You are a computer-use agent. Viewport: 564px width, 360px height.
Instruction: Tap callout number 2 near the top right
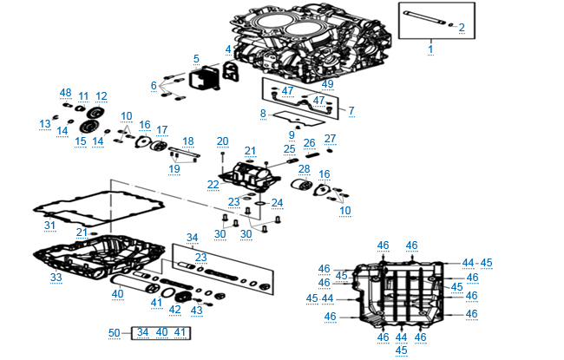(x=462, y=28)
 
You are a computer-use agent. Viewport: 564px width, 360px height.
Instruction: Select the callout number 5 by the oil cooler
(x=196, y=59)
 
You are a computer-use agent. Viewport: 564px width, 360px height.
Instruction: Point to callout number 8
(x=262, y=113)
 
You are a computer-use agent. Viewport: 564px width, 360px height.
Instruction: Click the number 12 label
(x=102, y=95)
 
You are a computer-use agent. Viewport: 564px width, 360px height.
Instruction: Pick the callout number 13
(x=44, y=124)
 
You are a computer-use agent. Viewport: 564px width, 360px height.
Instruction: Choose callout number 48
(x=65, y=93)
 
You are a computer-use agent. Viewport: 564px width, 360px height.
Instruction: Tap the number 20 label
(x=222, y=141)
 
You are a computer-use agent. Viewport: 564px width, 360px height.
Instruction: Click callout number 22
(x=213, y=184)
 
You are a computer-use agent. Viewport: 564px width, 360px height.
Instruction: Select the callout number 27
(x=330, y=139)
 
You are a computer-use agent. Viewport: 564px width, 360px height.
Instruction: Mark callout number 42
(x=174, y=310)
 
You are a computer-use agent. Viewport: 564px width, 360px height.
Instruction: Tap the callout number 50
(x=115, y=332)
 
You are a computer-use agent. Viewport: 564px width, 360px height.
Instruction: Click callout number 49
(x=326, y=83)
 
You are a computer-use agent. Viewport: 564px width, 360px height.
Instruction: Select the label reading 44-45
(x=476, y=262)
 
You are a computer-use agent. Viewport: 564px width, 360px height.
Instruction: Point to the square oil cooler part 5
(x=207, y=81)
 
